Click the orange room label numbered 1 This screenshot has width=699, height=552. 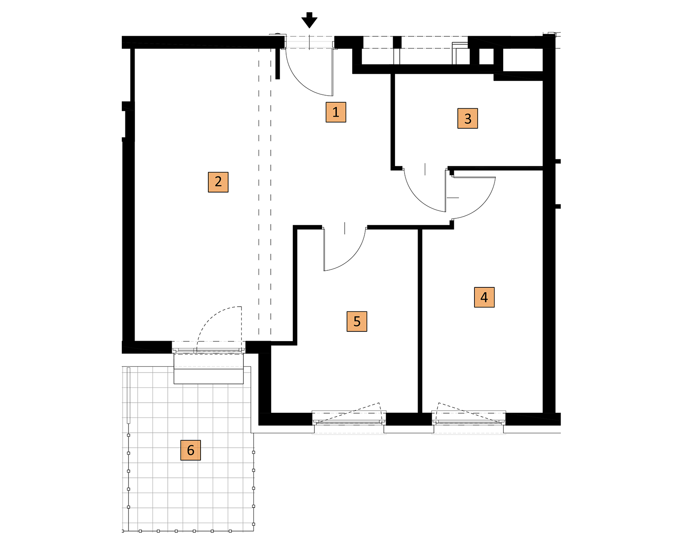336,112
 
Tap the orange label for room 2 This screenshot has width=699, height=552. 218,182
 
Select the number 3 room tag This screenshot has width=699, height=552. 467,118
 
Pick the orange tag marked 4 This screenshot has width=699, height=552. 484,297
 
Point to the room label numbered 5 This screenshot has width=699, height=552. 357,321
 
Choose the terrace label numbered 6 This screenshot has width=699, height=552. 190,450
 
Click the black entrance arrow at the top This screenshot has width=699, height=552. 309,20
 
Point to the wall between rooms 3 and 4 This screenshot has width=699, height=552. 495,168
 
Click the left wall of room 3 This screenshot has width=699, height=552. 393,120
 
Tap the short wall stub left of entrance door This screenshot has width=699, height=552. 278,64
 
